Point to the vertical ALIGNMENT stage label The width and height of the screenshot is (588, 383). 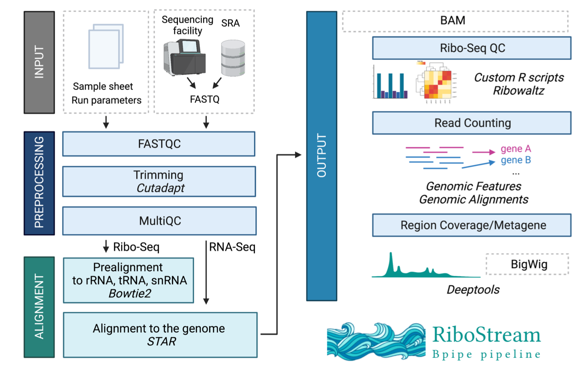tap(39, 307)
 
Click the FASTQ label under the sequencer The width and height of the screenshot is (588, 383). tap(205, 99)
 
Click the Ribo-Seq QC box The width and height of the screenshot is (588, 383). tap(472, 48)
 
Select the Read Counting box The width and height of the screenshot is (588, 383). tap(472, 123)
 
